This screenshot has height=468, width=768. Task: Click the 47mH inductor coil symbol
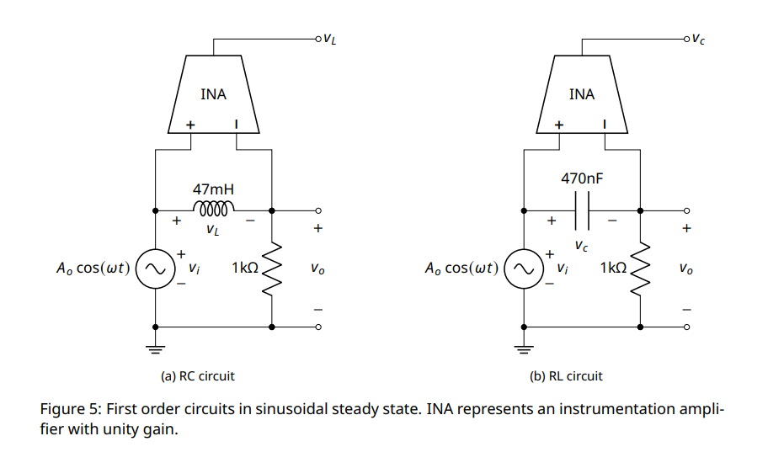coord(213,207)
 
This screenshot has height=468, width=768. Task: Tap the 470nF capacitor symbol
coord(582,210)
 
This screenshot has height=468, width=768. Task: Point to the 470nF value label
coord(582,178)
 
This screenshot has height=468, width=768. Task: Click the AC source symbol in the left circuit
coord(156,269)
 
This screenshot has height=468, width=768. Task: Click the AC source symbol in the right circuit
coord(524,269)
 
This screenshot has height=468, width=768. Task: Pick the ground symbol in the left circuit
coord(156,346)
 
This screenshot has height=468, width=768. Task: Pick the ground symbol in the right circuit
coord(524,346)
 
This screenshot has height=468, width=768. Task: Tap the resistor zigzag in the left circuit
coord(272,269)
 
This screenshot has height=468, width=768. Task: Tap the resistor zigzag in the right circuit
coord(641,269)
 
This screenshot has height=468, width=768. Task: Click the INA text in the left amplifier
coord(213,94)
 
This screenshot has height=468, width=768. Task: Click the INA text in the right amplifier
coord(582,94)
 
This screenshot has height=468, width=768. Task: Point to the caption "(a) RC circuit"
coord(198,376)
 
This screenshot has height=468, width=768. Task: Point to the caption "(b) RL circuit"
coord(566,376)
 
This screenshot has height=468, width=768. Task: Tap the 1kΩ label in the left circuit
coord(244,268)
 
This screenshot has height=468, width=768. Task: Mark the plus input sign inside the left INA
coord(190,125)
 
